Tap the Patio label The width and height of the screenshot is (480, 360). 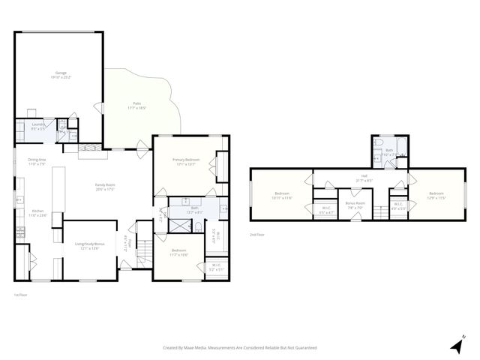tap(138, 103)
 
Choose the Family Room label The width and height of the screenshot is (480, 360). tap(104, 185)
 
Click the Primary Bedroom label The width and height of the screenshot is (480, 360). tap(185, 160)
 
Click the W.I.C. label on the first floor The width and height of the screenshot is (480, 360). tap(216, 264)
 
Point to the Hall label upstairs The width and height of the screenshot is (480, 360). tap(364, 177)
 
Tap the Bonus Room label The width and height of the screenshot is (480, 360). tap(355, 203)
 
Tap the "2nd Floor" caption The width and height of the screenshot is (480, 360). tap(257, 234)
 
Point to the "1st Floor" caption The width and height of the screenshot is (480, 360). tap(20, 294)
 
